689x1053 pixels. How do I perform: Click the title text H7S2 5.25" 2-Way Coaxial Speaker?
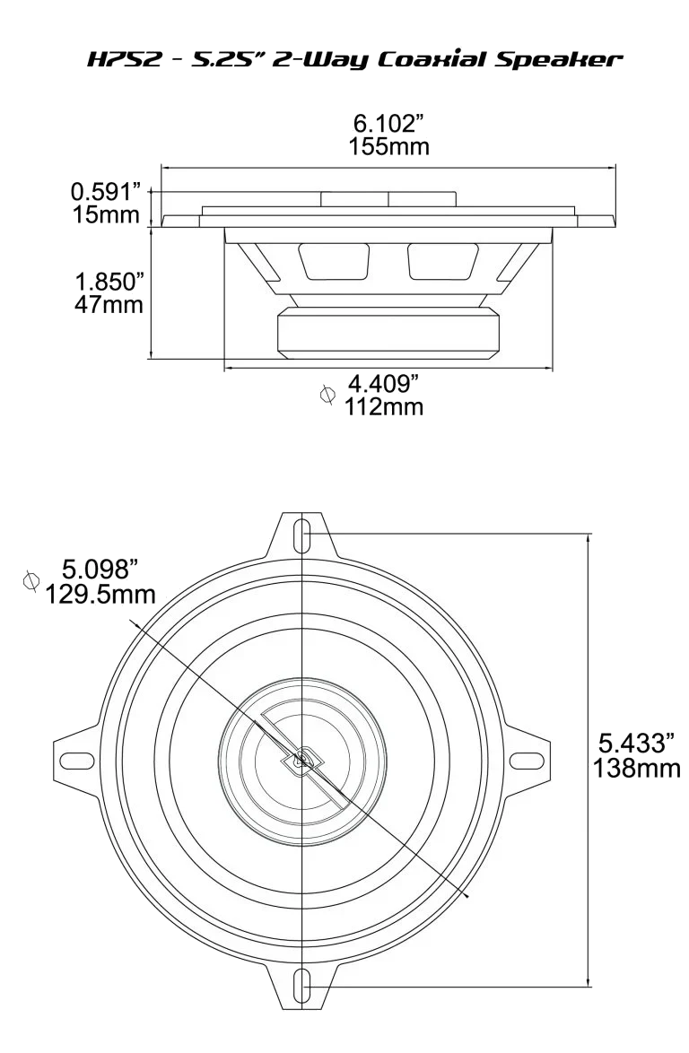pyautogui.click(x=352, y=60)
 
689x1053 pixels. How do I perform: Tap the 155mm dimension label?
pyautogui.click(x=389, y=146)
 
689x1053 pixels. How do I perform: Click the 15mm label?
pyautogui.click(x=106, y=214)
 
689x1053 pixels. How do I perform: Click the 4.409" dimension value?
pyautogui.click(x=385, y=385)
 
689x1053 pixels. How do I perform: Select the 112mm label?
pyautogui.click(x=384, y=407)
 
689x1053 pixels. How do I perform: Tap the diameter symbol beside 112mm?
pyautogui.click(x=328, y=395)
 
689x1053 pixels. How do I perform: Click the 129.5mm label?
pyautogui.click(x=100, y=593)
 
